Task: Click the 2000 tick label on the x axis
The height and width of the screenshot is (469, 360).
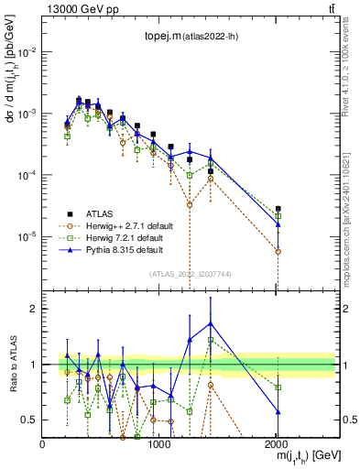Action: [x=278, y=443]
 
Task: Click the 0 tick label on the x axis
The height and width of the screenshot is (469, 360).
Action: [x=43, y=443]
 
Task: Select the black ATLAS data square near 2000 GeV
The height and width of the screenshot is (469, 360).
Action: [x=278, y=209]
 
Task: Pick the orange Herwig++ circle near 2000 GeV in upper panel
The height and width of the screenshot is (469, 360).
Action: [x=278, y=251]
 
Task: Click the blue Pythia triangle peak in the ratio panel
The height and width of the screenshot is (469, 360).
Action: [x=211, y=322]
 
